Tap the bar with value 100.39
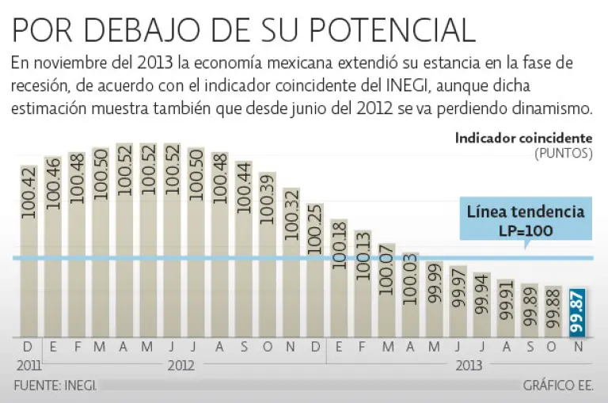coord(268,257)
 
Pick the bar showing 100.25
coord(315,273)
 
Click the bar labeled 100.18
coord(339,281)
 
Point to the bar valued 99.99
coord(435,301)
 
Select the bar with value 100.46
coord(52,249)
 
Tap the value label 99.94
coord(482,295)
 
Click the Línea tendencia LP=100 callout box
coord(526,221)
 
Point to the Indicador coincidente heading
coord(523,138)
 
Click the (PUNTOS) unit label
coord(564,153)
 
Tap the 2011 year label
coord(28,366)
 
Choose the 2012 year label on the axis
coord(180,366)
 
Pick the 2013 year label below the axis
coord(469,366)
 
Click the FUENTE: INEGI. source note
coord(55,386)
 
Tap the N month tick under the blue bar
coord(578,348)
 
